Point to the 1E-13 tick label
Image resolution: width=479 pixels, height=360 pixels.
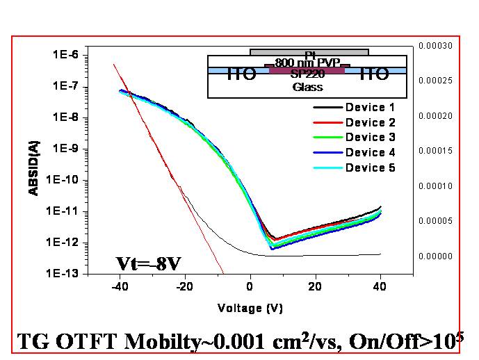click(x=67, y=274)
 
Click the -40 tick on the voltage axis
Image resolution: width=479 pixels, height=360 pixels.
click(x=120, y=287)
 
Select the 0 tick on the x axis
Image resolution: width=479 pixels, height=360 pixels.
click(x=250, y=287)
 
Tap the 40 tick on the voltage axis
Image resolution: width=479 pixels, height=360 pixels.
click(x=380, y=287)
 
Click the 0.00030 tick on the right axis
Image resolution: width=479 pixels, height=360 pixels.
click(x=435, y=46)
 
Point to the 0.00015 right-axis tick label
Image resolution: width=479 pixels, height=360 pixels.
click(x=435, y=151)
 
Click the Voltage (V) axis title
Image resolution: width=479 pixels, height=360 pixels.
click(x=250, y=308)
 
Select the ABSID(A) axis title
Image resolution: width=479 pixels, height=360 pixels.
click(x=34, y=165)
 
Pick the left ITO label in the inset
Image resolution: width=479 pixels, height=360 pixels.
click(x=241, y=74)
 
